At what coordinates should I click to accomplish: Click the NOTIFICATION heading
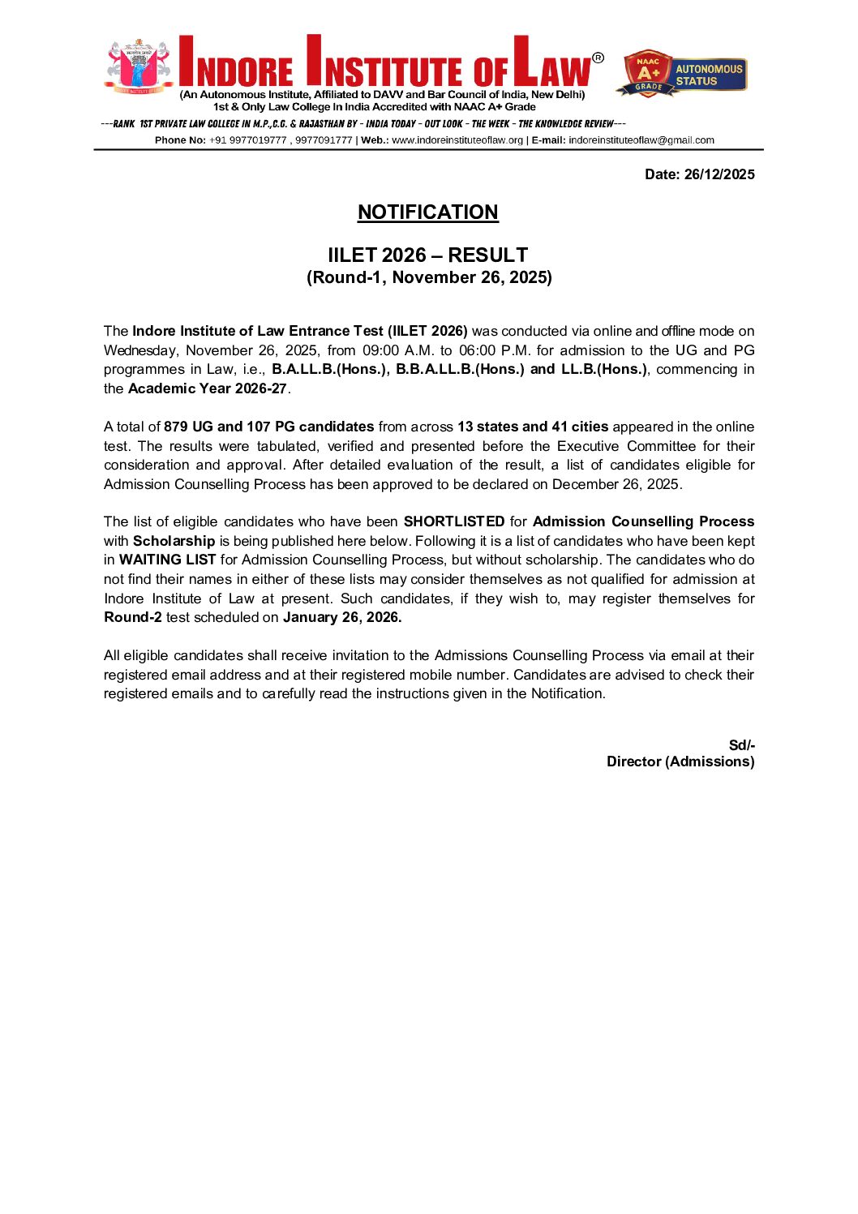pos(427,212)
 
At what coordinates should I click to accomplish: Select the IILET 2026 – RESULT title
pos(427,255)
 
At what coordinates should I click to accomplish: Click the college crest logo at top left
pos(138,66)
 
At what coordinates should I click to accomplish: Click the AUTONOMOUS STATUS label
pos(709,75)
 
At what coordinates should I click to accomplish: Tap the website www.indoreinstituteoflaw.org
pos(457,140)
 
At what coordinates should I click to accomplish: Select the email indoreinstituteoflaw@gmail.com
pos(641,140)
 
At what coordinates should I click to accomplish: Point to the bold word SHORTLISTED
pos(454,521)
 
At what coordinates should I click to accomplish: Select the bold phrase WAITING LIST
pos(167,560)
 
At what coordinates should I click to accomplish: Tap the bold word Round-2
pos(133,617)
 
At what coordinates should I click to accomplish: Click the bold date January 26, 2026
pos(342,617)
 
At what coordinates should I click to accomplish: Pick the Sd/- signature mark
pos(741,745)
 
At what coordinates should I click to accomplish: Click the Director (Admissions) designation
pos(680,761)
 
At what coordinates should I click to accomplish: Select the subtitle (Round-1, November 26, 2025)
pos(429,277)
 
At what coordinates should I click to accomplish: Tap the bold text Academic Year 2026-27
pos(208,388)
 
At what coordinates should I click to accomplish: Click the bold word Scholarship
pos(174,541)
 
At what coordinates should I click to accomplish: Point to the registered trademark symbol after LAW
pos(598,58)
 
